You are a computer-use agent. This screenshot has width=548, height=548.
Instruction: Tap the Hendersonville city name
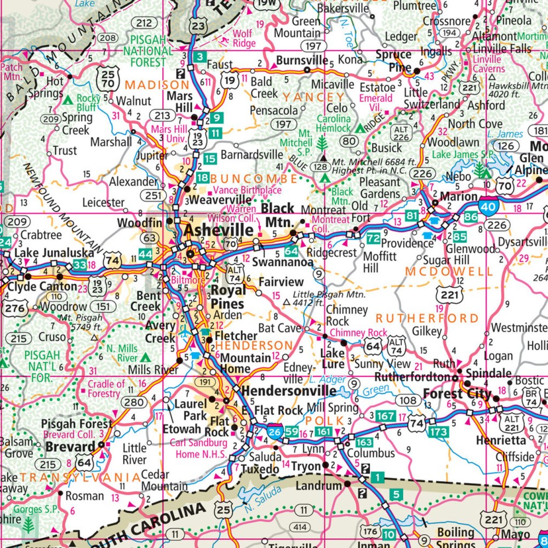click(289, 391)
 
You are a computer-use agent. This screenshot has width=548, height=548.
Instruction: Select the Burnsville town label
click(302, 60)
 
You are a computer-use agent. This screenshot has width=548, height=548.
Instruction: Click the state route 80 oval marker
click(349, 141)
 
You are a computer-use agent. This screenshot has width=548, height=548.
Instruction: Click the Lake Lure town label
click(332, 358)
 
